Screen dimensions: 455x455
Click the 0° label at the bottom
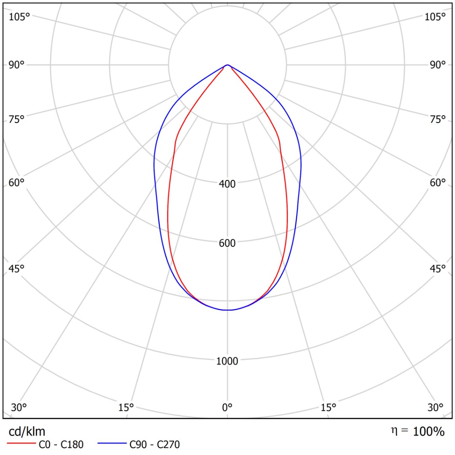pos(227,407)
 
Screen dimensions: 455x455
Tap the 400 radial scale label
pos(227,184)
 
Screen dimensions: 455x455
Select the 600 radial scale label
pos(227,243)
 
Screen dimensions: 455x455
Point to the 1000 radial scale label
pos(227,361)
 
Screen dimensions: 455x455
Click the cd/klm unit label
pos(27,431)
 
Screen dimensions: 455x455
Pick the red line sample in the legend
pos(21,444)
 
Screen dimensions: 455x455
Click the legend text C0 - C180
pos(61,444)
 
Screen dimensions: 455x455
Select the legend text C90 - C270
pos(155,444)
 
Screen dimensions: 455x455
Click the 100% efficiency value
pos(428,431)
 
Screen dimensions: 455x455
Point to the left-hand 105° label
pos(20,16)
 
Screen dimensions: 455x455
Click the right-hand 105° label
pos(435,16)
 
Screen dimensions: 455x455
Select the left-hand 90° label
pos(17,64)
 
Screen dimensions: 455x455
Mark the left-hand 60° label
pos(17,182)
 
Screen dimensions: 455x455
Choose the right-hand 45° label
pos(438,268)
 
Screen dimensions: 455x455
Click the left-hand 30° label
pos(19,407)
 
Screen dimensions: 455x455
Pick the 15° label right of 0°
pos(329,407)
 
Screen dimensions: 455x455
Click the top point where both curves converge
pos(227,65)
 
